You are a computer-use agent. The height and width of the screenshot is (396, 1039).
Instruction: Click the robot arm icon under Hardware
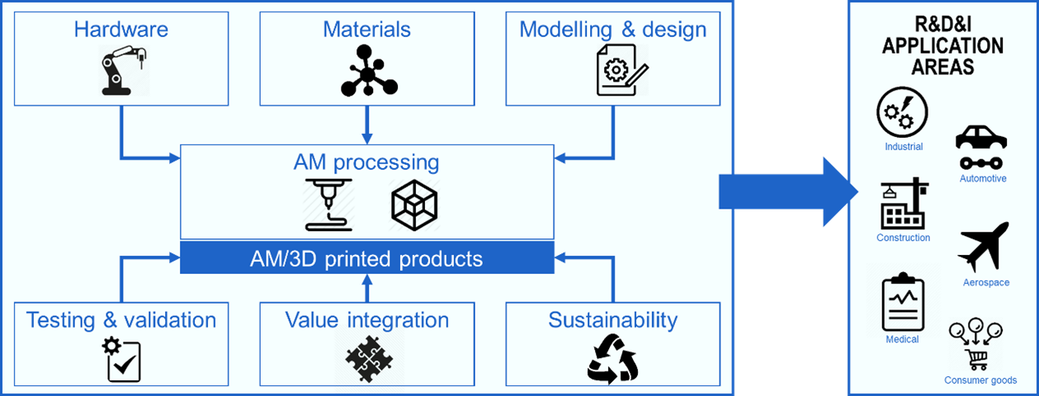(122, 70)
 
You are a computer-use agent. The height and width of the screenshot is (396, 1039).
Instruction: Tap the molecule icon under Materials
(368, 71)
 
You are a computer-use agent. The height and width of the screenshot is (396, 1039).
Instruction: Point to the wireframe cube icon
(413, 205)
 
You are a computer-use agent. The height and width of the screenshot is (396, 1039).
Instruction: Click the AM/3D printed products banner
(366, 258)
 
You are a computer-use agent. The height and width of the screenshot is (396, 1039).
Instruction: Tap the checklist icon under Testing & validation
(122, 360)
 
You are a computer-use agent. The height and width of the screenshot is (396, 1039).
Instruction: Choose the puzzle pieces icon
(368, 359)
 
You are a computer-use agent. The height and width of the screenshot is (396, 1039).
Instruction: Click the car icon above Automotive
(980, 147)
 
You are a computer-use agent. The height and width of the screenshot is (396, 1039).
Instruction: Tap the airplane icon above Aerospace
(984, 246)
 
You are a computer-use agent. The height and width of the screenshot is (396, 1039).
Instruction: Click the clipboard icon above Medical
(902, 302)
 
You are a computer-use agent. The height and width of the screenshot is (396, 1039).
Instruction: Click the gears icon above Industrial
(902, 113)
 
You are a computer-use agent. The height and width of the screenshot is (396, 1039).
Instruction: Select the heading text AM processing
(366, 161)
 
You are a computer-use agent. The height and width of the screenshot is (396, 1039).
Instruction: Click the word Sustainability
(612, 319)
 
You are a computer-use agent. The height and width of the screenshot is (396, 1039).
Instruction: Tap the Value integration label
(367, 319)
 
